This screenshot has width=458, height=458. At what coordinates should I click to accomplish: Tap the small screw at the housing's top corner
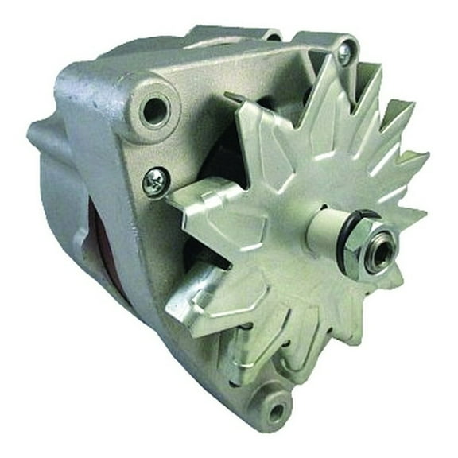tap(344, 52)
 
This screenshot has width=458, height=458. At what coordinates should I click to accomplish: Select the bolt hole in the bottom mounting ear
tap(275, 410)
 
